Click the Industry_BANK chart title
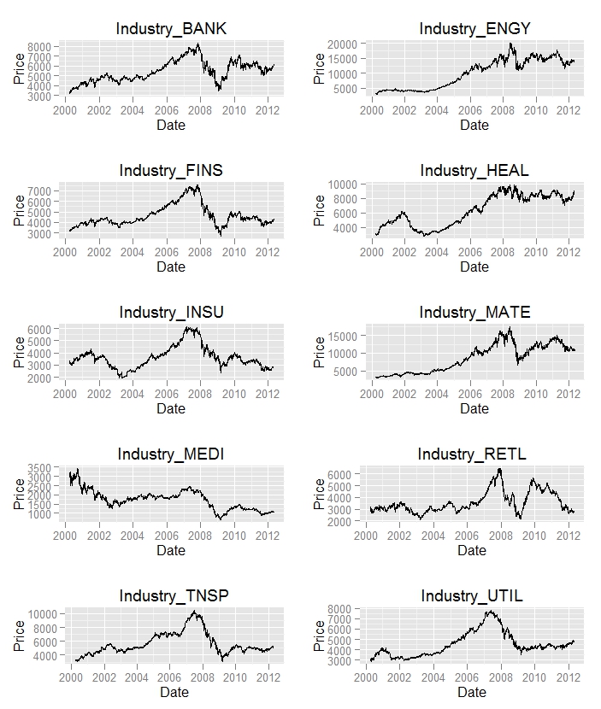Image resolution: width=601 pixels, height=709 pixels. click(171, 30)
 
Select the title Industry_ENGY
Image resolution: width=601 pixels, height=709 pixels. click(474, 29)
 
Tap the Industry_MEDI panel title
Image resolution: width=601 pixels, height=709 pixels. click(171, 454)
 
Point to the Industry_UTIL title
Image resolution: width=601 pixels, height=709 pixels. click(471, 595)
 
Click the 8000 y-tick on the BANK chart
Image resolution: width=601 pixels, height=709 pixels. click(38, 47)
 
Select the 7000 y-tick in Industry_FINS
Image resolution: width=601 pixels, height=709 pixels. click(38, 190)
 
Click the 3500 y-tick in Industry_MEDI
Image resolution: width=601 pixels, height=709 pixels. click(38, 467)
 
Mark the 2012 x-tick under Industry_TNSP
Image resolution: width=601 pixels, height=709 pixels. click(266, 677)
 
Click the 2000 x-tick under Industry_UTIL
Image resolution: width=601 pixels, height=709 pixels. click(366, 677)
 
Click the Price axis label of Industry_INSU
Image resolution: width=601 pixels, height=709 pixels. click(19, 352)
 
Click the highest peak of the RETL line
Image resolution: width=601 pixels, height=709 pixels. click(499, 469)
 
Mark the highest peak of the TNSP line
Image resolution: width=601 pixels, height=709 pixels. click(196, 612)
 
